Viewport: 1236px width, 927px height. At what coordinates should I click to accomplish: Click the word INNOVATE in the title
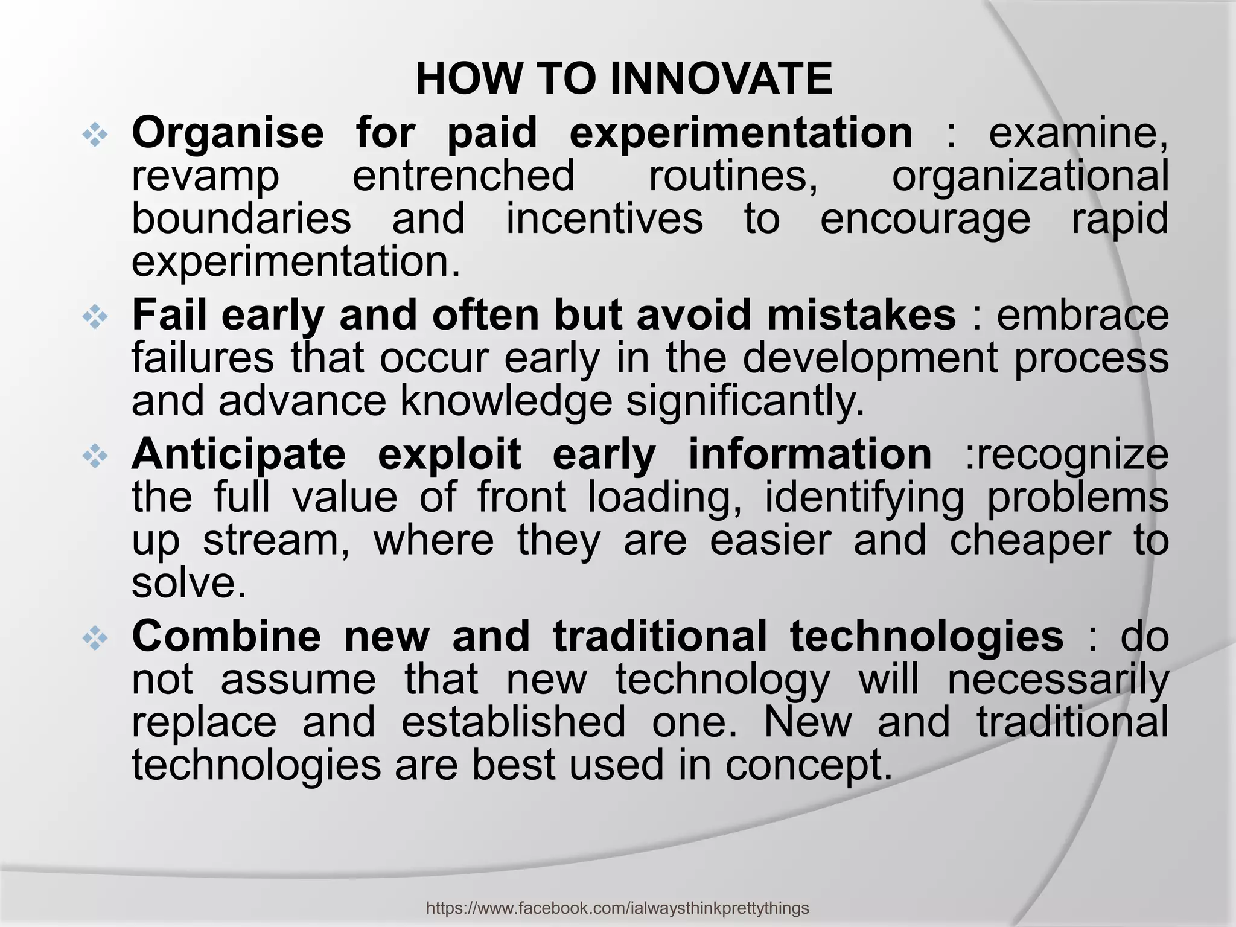pos(721,80)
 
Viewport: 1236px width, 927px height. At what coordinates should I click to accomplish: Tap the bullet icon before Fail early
pos(95,317)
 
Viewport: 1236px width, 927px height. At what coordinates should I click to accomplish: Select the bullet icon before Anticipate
pos(95,456)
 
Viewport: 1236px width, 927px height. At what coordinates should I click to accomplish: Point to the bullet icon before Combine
pos(95,639)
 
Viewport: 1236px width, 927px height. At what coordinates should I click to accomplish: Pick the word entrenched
pos(463,176)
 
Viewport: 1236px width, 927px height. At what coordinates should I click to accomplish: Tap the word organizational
pos(1030,176)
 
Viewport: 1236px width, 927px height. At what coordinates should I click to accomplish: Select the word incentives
pos(604,218)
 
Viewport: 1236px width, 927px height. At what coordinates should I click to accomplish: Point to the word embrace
pos(1082,315)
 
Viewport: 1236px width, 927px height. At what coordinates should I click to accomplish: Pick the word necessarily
pos(1058,680)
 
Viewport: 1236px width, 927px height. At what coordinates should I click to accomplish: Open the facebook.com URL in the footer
pos(617,908)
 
